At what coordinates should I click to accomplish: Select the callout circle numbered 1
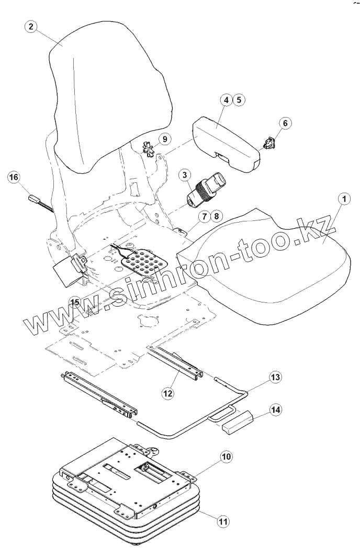(x=343, y=199)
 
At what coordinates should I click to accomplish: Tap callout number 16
(x=14, y=178)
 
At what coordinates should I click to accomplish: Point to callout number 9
(x=164, y=139)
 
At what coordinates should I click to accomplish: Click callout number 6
(x=285, y=123)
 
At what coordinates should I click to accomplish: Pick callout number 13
(x=275, y=377)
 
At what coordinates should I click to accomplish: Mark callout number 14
(x=276, y=410)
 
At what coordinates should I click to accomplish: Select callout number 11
(x=223, y=520)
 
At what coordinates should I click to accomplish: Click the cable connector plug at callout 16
(x=34, y=199)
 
